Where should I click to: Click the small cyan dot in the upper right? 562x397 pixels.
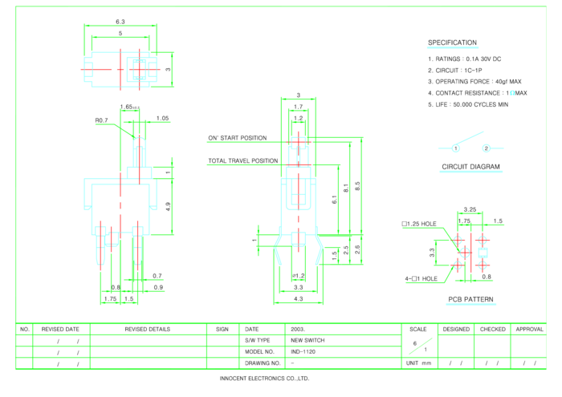pyautogui.click(x=512, y=92)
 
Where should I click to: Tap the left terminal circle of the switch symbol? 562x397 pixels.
pyautogui.click(x=456, y=148)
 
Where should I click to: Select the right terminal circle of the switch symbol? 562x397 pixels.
pyautogui.click(x=487, y=148)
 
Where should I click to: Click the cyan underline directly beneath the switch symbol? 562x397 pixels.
pyautogui.click(x=471, y=172)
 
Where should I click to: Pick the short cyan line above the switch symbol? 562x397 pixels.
pyautogui.click(x=453, y=48)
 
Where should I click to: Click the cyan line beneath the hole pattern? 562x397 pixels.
pyautogui.click(x=471, y=304)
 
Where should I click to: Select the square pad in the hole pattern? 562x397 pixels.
pyautogui.click(x=483, y=253)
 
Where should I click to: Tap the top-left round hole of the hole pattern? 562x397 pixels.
pyautogui.click(x=458, y=239)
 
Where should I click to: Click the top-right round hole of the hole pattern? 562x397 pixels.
pyautogui.click(x=483, y=239)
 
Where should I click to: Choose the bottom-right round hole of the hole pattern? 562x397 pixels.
pyautogui.click(x=483, y=265)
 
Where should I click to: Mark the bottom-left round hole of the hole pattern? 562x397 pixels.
pyautogui.click(x=458, y=265)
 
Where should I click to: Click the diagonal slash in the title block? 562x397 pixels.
pyautogui.click(x=421, y=346)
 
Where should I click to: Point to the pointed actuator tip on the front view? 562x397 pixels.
pyautogui.click(x=139, y=142)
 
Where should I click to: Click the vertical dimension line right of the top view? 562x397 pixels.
pyautogui.click(x=172, y=69)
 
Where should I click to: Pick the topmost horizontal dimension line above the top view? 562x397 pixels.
pyautogui.click(x=120, y=26)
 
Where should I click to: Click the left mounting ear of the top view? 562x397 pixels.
pyautogui.click(x=88, y=70)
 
